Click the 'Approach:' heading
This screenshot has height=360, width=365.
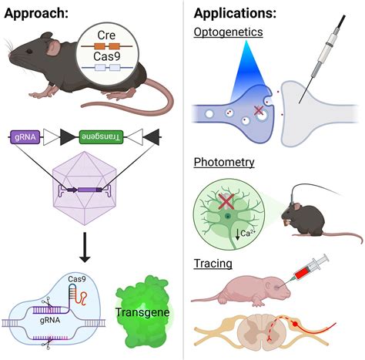point(36,13)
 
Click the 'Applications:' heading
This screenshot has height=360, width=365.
point(235,13)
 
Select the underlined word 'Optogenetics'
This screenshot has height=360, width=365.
point(228,32)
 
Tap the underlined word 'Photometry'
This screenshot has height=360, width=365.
point(224,163)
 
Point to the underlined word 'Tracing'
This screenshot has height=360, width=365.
point(213,264)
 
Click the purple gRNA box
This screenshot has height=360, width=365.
point(25,137)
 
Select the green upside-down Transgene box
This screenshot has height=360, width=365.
point(101,137)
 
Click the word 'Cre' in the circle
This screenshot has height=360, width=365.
point(106,35)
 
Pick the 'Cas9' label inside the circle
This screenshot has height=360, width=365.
point(106,56)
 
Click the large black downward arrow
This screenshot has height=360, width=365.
point(85,247)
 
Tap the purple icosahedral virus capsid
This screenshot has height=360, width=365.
point(85,188)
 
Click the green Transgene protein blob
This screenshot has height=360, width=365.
point(142,312)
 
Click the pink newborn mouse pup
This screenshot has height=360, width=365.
point(241,291)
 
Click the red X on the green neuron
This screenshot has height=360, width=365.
point(227,201)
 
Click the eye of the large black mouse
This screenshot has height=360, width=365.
point(29,51)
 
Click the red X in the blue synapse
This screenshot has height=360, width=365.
point(259,111)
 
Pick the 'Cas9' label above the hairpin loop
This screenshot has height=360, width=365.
point(77,279)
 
